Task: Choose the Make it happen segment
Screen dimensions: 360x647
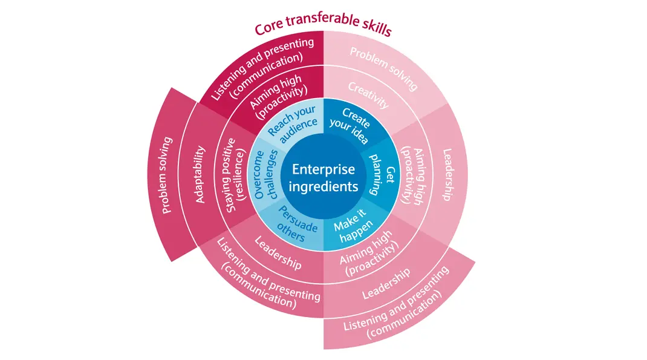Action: (x=354, y=229)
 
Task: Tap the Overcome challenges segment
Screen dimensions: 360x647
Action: (x=266, y=175)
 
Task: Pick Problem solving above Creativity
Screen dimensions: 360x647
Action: (x=383, y=66)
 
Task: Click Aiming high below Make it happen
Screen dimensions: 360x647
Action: (x=369, y=258)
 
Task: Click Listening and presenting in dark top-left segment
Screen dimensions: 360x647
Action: (x=262, y=67)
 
